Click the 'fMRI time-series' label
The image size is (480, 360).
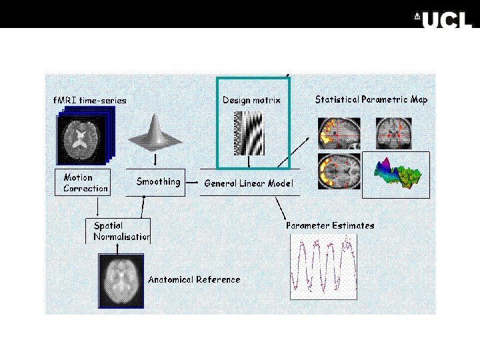tap(89, 101)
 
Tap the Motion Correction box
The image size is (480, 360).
tap(81, 183)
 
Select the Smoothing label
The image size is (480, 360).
tap(158, 181)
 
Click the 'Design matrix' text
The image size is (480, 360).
tap(251, 100)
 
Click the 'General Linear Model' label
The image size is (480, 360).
tap(249, 183)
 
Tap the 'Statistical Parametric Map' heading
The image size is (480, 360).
tap(371, 99)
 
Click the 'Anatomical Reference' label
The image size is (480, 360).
tap(194, 279)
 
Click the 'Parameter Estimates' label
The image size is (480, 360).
tap(330, 225)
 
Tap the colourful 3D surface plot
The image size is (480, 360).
tap(396, 175)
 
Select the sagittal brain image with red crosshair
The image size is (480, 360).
tap(339, 133)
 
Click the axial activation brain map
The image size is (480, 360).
tap(339, 171)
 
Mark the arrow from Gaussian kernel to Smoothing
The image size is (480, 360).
tap(155, 160)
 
